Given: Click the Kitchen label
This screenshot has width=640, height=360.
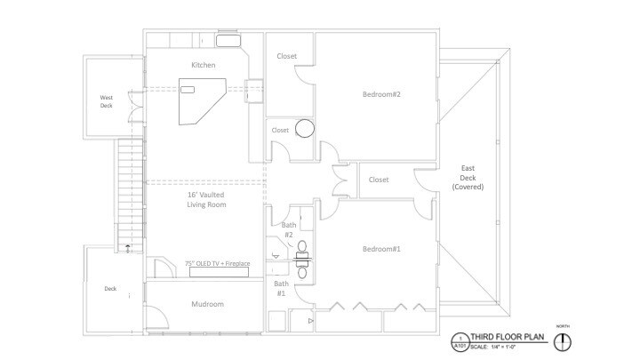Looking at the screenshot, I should click(204, 65).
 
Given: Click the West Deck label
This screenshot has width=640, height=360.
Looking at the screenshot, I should click(107, 102).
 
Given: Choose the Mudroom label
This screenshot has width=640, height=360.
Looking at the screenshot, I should click(207, 305).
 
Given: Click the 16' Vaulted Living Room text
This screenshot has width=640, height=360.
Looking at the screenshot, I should click(205, 200).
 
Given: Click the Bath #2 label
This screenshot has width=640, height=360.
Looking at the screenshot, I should click(289, 230).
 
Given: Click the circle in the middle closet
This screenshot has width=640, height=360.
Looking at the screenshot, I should click(305, 128).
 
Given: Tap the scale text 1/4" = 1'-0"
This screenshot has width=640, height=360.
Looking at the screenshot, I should click(516, 347).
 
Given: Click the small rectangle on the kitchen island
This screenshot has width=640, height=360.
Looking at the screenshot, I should click(188, 89).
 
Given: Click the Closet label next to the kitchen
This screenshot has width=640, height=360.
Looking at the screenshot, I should click(287, 56).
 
